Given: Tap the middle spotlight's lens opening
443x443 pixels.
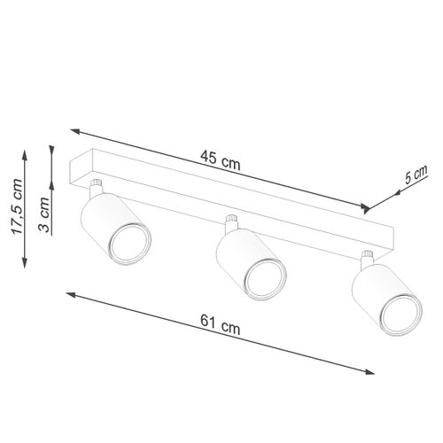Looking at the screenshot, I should [263, 282].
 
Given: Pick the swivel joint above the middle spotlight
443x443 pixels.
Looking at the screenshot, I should [232, 222].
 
